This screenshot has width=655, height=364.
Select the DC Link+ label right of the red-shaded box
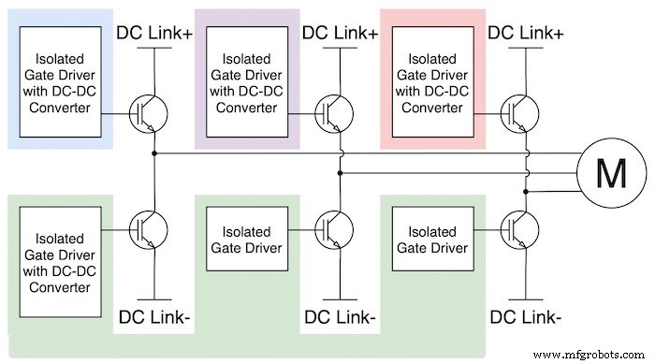coord(528,32)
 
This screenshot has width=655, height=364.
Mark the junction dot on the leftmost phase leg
coord(154,153)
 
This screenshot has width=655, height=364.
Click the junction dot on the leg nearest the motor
coord(529,190)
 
